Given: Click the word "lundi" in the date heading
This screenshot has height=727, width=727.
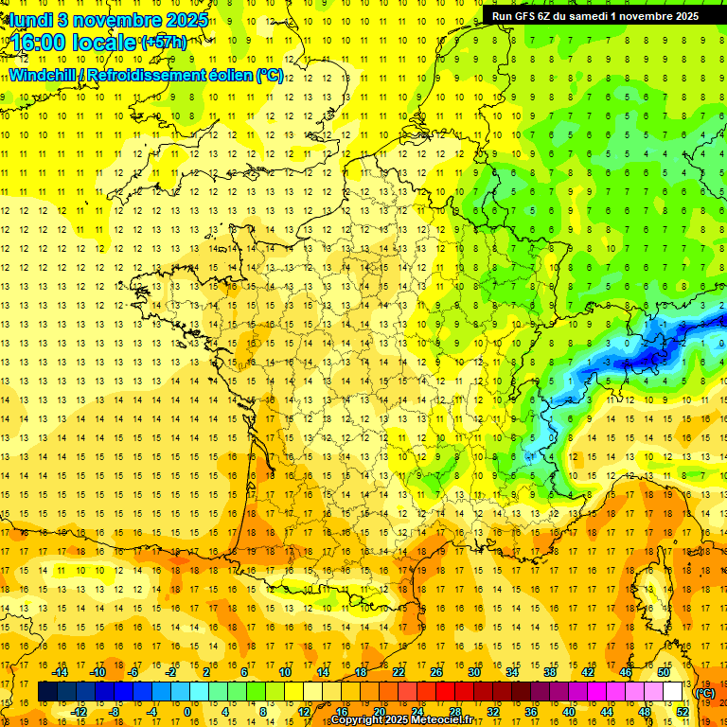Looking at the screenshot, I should click(x=30, y=19).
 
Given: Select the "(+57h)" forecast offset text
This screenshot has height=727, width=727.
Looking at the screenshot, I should click(x=164, y=43).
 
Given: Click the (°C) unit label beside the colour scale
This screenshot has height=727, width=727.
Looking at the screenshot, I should click(x=705, y=692).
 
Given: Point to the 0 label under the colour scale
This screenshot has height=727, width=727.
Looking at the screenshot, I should click(x=186, y=712).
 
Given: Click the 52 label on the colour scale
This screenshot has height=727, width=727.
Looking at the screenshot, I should click(x=682, y=712).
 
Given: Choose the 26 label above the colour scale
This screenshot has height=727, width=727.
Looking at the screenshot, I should click(x=436, y=672).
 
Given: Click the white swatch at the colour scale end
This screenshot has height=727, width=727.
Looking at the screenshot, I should click(x=673, y=692).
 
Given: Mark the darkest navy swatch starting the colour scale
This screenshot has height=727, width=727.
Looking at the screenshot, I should click(x=47, y=692).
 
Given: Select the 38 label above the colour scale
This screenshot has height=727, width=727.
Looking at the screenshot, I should click(x=549, y=672).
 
